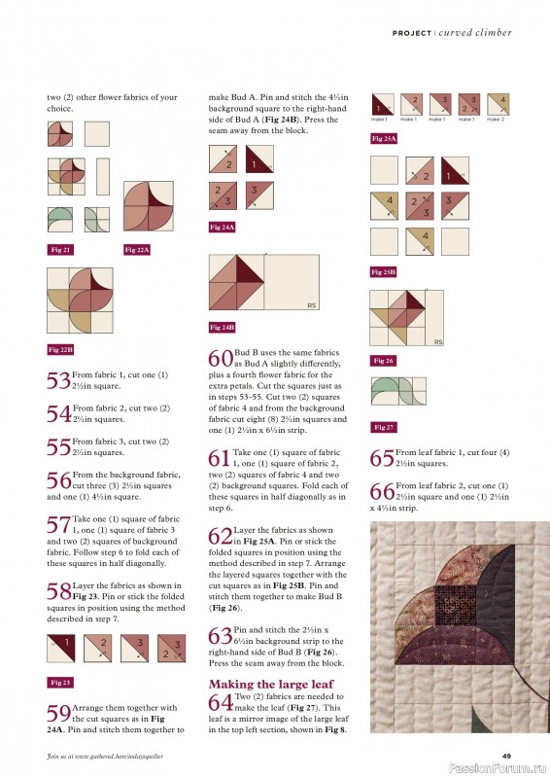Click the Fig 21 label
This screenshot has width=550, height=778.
pyautogui.click(x=60, y=250)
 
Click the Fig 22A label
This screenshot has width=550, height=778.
pyautogui.click(x=137, y=250)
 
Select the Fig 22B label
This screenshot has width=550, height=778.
pyautogui.click(x=62, y=348)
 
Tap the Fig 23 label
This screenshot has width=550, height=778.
pyautogui.click(x=60, y=682)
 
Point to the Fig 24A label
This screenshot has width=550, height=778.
pyautogui.click(x=223, y=227)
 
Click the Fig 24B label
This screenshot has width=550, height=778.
pyautogui.click(x=223, y=327)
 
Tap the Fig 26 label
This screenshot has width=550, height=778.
pyautogui.click(x=383, y=361)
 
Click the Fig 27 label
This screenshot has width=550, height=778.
pyautogui.click(x=383, y=427)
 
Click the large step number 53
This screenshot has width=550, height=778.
pyautogui.click(x=57, y=381)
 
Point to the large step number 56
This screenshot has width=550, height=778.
pyautogui.click(x=57, y=480)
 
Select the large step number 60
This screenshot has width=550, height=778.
pyautogui.click(x=220, y=357)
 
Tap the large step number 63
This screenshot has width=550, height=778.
pyautogui.click(x=220, y=637)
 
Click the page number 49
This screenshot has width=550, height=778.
pyautogui.click(x=506, y=757)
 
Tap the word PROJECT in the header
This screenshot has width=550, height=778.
pyautogui.click(x=412, y=33)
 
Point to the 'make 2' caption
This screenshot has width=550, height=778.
pyautogui.click(x=496, y=119)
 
